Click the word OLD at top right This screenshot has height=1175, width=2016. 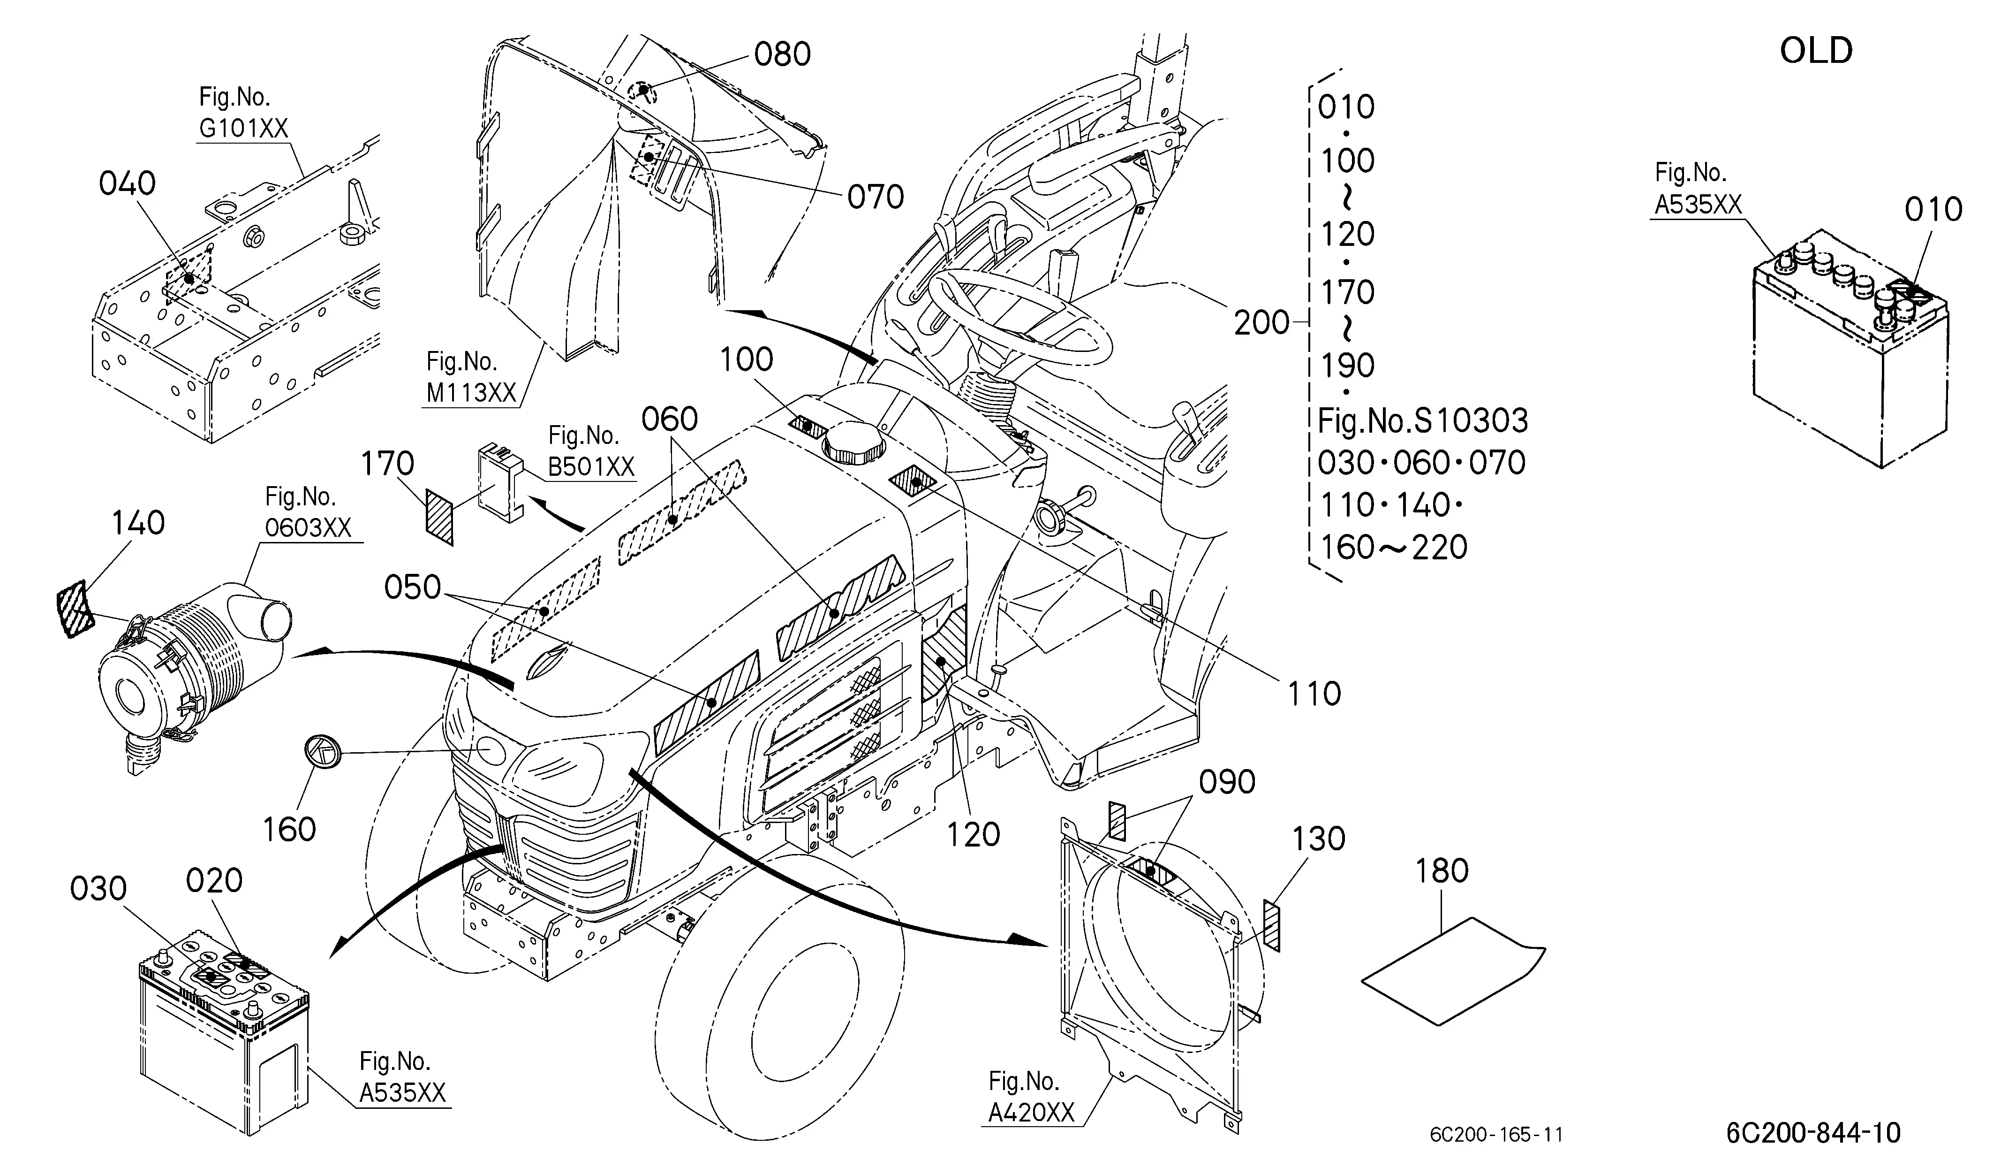coord(1816,50)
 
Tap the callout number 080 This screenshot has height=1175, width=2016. coord(782,54)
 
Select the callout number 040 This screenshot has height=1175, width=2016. coord(127,183)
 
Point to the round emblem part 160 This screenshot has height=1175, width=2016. coord(322,753)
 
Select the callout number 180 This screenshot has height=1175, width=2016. coord(1442,871)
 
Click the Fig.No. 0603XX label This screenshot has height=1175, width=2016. coord(308,512)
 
